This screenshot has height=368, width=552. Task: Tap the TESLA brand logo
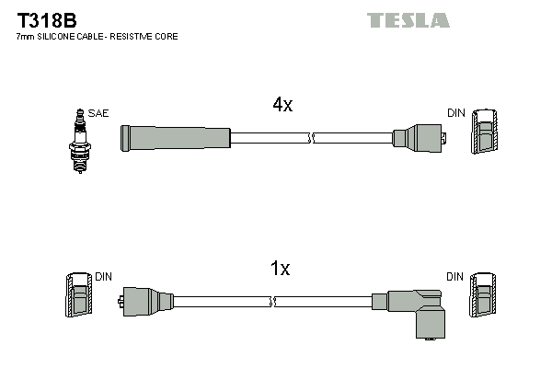[408, 20]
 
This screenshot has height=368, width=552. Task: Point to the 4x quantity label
[282, 105]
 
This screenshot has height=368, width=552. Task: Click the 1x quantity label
[280, 269]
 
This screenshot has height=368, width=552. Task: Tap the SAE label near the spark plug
[99, 113]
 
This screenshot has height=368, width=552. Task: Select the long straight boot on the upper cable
[175, 137]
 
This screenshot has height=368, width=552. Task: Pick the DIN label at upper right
[456, 113]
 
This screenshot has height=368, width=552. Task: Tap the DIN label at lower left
[103, 276]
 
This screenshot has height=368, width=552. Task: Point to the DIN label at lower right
[455, 276]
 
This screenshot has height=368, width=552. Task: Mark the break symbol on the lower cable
[273, 300]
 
